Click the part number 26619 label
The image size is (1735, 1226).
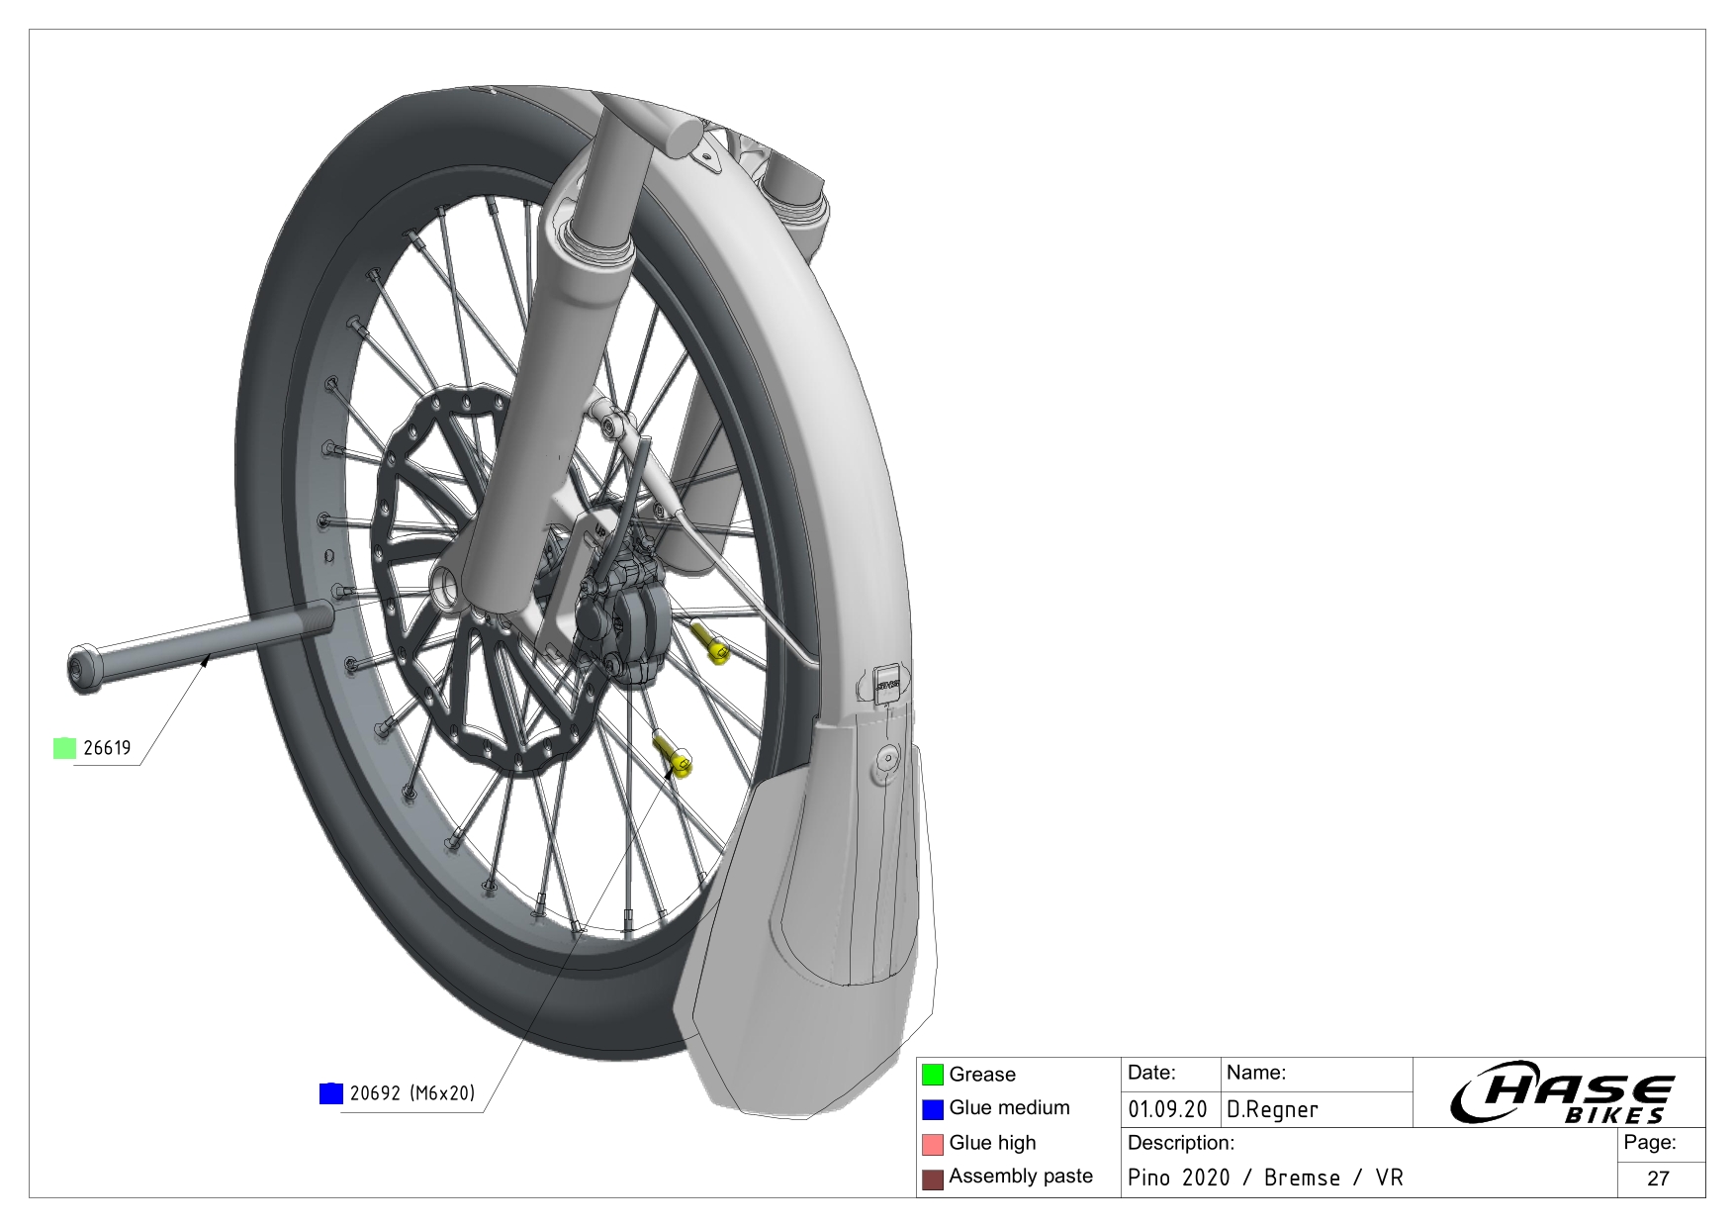click(107, 748)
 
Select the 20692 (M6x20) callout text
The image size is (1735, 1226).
click(412, 1093)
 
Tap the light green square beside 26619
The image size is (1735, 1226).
click(64, 748)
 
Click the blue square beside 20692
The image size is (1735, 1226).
click(331, 1093)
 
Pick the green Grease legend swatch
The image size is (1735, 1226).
click(933, 1075)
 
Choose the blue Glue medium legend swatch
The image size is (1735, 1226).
click(933, 1109)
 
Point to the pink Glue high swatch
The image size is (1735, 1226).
click(933, 1144)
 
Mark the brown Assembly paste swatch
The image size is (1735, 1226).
click(933, 1179)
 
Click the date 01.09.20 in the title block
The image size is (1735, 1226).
click(1167, 1110)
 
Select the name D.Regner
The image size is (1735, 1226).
click(1272, 1110)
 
